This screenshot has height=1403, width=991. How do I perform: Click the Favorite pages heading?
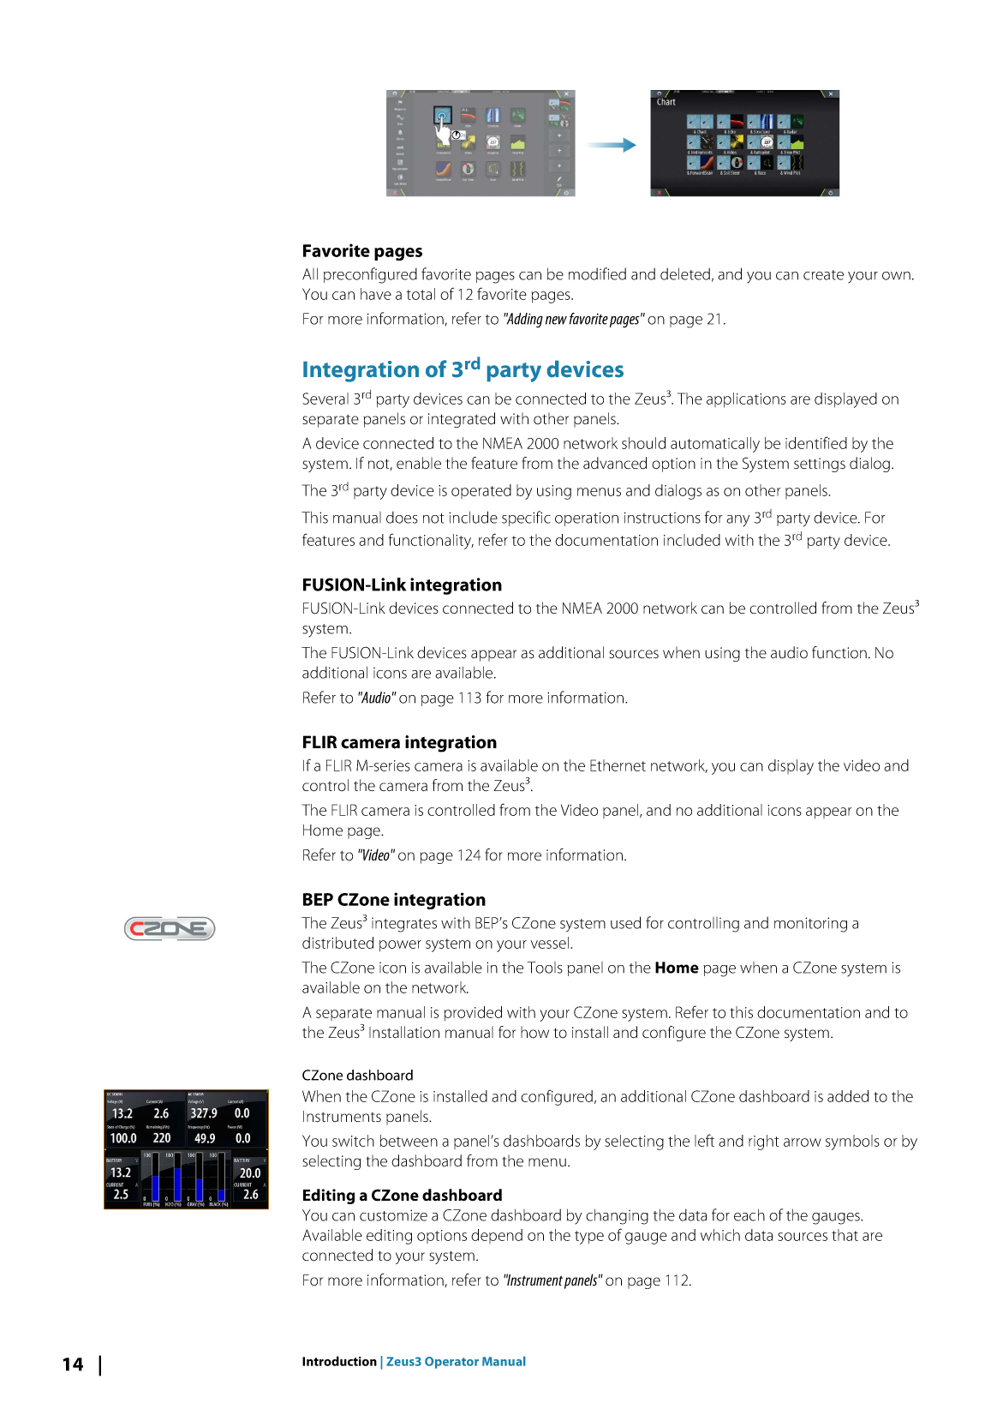361,251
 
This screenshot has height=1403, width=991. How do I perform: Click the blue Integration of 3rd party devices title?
463,369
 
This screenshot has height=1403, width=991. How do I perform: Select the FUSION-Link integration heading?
402,585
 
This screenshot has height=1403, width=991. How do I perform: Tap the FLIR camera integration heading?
399,743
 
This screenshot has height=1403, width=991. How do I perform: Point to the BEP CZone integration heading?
393,900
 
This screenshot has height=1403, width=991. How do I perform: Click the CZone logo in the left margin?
170,929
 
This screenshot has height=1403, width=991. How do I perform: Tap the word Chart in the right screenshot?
666,102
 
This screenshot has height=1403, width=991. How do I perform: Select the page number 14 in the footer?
73,1364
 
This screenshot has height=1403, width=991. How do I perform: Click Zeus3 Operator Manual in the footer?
456,1362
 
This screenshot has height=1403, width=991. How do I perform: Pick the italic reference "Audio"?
377,699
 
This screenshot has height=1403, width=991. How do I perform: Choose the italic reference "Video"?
376,855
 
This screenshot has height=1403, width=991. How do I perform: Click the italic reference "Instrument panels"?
552,1280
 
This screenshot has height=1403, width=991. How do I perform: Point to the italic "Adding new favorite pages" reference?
573,320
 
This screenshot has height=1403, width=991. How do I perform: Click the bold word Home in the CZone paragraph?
677,968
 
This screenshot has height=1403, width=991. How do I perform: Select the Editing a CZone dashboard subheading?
402,1196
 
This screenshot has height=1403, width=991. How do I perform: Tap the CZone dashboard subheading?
357,1076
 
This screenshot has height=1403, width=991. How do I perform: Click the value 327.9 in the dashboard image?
204,1113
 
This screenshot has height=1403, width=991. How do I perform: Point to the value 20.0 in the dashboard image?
250,1173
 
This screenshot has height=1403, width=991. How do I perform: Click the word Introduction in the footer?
339,1362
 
